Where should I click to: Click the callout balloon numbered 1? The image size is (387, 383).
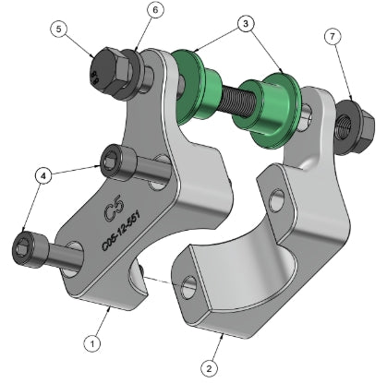coord(91,341)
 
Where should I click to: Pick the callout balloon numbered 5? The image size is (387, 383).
coord(61,30)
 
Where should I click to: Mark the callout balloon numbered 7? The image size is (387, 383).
coord(333,37)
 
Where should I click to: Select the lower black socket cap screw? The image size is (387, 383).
coord(28,246)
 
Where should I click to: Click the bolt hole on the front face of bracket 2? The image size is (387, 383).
coord(189,285)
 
